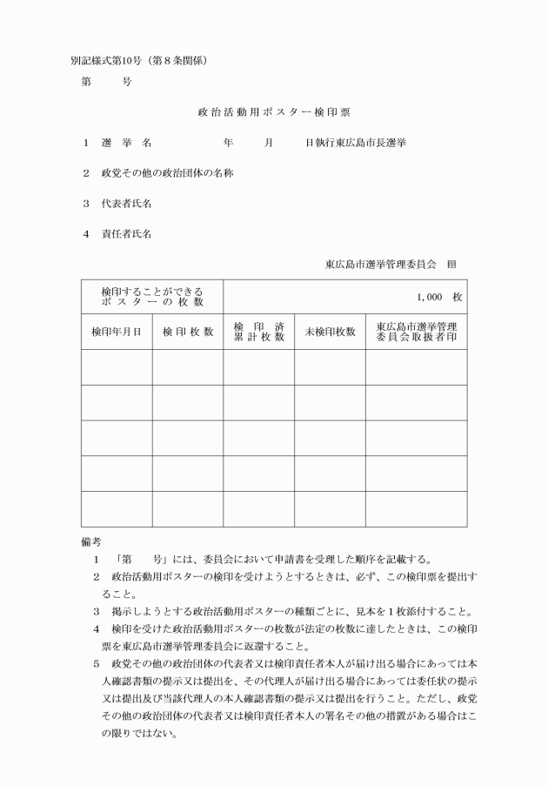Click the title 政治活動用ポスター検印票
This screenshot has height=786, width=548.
(x=274, y=112)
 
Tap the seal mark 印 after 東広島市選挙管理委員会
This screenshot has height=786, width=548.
(x=451, y=263)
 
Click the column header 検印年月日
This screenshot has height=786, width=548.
(x=116, y=332)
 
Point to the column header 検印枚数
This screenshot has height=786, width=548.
(x=187, y=332)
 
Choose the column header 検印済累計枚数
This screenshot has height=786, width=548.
(x=258, y=332)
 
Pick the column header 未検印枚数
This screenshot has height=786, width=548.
(x=330, y=332)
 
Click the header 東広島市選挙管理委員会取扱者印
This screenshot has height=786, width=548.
(x=416, y=332)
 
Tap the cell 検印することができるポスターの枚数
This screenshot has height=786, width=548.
(x=152, y=296)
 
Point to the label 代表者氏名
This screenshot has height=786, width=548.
(x=127, y=204)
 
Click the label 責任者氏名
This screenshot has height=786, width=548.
(x=127, y=234)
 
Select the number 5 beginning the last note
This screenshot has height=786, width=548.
(x=97, y=664)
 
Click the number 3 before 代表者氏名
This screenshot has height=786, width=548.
(x=86, y=204)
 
